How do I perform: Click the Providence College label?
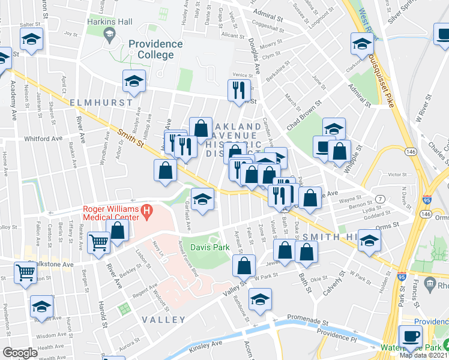point(155,49)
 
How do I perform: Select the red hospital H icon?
point(146,211)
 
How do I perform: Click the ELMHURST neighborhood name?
point(100,103)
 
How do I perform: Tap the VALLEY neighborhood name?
point(164,320)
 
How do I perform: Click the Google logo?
point(19,353)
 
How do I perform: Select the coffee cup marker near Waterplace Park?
point(411,337)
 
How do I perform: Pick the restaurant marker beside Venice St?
point(238,91)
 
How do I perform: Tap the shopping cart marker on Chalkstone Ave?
point(26,272)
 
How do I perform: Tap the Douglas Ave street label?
point(253,65)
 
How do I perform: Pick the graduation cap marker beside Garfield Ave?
point(203,200)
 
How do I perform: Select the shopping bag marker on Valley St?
point(244,266)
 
